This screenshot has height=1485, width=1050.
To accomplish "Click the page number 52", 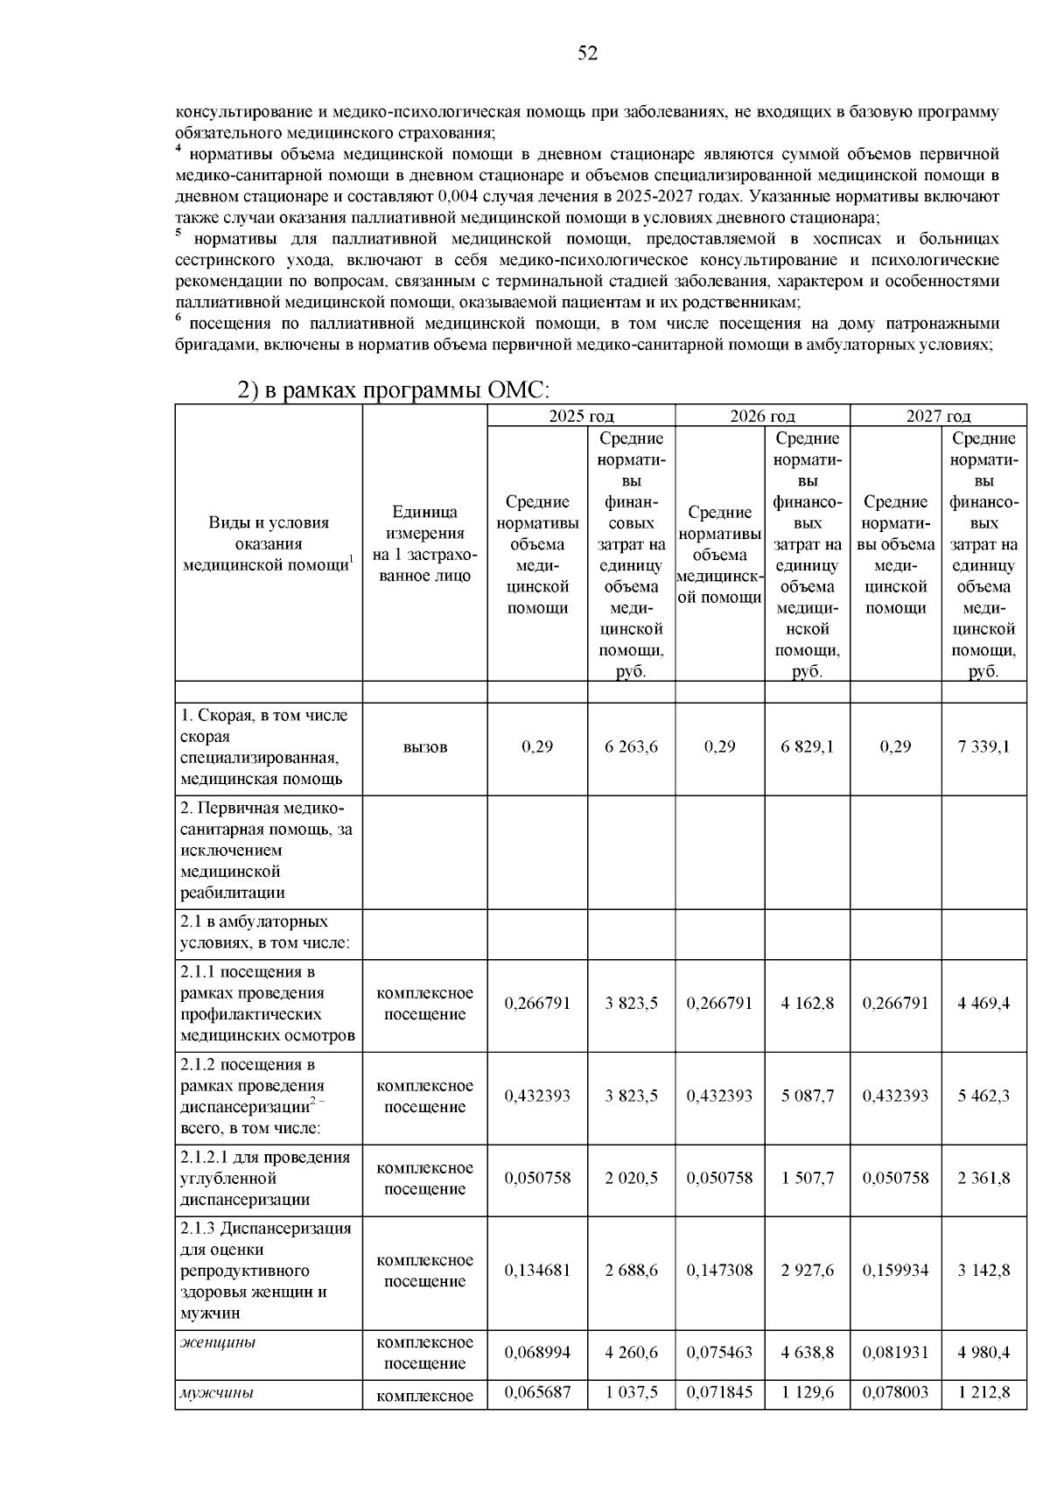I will [588, 54].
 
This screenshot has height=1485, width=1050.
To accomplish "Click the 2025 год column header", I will [581, 417].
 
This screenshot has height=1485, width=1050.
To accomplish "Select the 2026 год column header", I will [762, 417].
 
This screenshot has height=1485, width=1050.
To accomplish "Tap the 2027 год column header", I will [938, 417].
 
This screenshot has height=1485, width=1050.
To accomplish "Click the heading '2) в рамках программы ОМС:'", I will [394, 390].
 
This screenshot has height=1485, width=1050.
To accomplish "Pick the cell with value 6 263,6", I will [631, 746].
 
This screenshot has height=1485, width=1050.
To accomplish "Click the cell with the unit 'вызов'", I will [425, 747].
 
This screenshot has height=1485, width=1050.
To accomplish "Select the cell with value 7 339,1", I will [983, 746].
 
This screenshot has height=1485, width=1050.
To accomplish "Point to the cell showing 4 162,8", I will [807, 1003].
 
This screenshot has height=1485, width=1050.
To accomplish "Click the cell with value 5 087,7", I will [807, 1096].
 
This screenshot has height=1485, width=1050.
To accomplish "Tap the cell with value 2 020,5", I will [631, 1178].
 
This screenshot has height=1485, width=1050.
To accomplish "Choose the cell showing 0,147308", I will [719, 1270].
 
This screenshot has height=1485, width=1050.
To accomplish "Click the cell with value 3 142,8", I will [983, 1270].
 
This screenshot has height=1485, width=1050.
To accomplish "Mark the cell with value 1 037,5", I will [631, 1392].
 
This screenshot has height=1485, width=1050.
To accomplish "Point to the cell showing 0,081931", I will [895, 1352].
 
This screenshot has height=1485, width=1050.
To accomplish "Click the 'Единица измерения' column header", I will [425, 543].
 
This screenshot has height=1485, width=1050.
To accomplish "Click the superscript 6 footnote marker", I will [178, 319].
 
